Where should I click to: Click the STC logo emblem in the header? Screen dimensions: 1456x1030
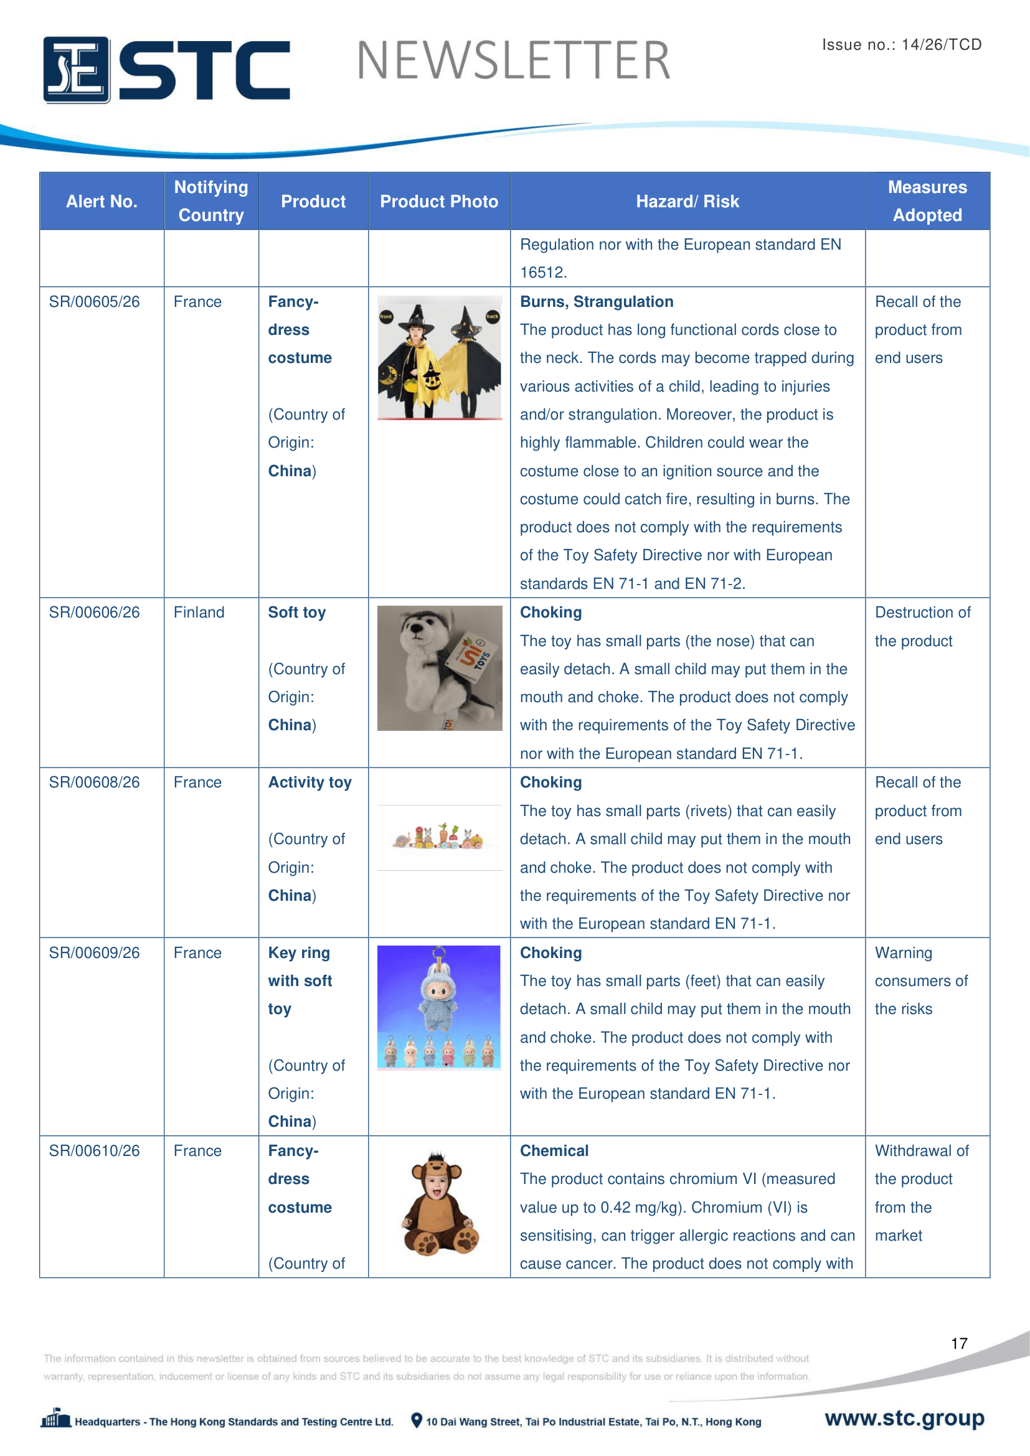pos(76,70)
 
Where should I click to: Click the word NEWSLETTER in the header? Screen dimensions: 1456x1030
pos(513,61)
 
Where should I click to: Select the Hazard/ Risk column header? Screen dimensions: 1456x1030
pos(687,202)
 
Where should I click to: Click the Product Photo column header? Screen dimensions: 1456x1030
pos(439,202)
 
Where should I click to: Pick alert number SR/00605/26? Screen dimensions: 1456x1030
pos(95,302)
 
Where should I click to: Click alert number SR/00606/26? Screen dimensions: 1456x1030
pos(95,613)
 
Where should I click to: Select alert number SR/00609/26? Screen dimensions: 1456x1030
pos(95,953)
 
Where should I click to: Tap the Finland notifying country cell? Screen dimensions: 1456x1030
pos(199,613)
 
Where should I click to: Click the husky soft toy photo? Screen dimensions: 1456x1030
pos(440,668)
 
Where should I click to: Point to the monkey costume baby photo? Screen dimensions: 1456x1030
pos(440,1204)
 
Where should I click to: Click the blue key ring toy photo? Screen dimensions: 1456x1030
pos(439,1008)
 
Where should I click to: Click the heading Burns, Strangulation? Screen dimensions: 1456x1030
pos(596,302)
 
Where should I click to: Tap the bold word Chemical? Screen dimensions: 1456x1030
pos(554,1151)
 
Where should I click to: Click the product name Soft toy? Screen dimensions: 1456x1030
pos(297,613)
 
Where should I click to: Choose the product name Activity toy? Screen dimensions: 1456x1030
pos(309,782)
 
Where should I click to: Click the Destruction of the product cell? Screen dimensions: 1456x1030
pos(922,627)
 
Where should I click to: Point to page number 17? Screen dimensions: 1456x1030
pos(959,1343)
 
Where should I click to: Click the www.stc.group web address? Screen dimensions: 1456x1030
pos(904,1418)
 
